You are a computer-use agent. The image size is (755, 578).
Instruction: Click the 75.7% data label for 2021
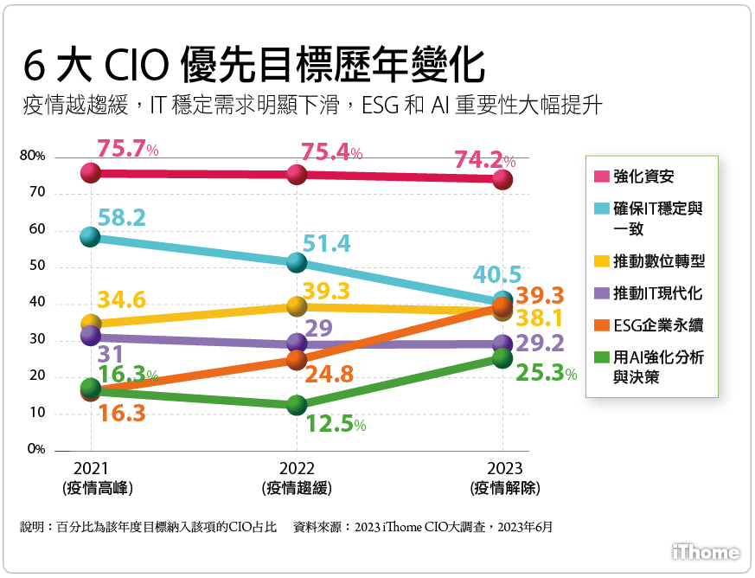pos(127,149)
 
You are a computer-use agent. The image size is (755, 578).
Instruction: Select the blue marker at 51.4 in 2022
pos(297,262)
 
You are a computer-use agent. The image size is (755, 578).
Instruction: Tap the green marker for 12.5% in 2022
pos(297,405)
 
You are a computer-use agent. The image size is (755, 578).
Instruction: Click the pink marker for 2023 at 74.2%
pos(502,180)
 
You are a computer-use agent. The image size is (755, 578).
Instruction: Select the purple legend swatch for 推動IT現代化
pos(602,293)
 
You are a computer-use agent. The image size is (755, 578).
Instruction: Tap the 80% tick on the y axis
pos(32,156)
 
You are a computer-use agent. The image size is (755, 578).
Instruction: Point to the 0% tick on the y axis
pos(35,449)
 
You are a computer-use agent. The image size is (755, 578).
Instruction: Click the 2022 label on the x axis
pos(297,468)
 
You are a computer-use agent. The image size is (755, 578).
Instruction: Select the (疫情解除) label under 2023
pos(505,488)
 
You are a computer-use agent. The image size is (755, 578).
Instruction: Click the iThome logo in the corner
pos(706,552)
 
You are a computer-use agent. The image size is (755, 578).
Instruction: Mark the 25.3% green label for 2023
pos(546,374)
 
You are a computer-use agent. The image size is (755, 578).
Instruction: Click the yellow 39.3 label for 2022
pos(326,292)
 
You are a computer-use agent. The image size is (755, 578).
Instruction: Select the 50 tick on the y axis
pos(37,266)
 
